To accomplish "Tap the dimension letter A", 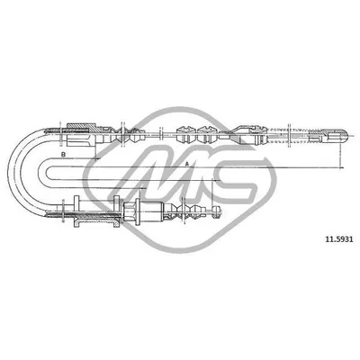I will pos(186,164).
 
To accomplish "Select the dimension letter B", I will pos(63,156).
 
